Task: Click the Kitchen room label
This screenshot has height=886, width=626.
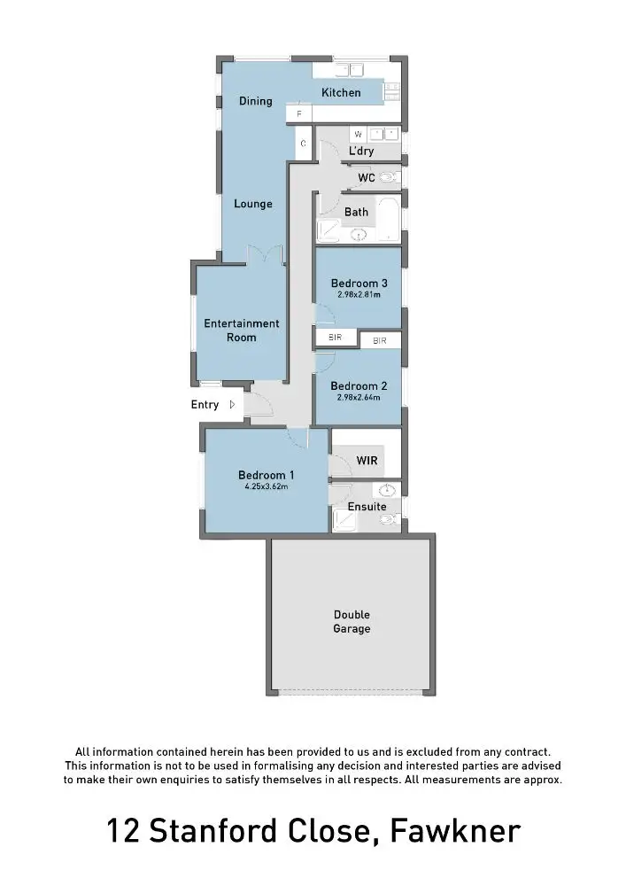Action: (x=341, y=93)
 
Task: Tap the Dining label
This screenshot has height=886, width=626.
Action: (x=256, y=101)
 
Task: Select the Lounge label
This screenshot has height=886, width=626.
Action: (x=253, y=204)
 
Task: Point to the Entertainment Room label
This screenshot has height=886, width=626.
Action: (x=242, y=330)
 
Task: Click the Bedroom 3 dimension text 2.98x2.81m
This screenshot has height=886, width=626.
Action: (x=359, y=294)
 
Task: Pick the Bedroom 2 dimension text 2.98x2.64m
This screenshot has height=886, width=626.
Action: (x=359, y=397)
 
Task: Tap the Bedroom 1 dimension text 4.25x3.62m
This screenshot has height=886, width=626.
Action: (x=267, y=486)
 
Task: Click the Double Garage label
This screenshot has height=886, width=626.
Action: (x=352, y=622)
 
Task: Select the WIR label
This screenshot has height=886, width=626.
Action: (x=367, y=461)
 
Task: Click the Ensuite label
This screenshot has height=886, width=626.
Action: (x=367, y=507)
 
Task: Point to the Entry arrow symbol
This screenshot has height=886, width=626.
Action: (x=232, y=405)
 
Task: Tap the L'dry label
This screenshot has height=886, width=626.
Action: (x=361, y=152)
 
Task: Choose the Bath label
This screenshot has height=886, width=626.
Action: (x=356, y=212)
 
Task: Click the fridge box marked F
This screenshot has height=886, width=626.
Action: (x=299, y=114)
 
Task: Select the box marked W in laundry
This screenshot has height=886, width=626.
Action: (x=359, y=135)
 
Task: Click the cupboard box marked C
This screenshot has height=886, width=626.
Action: (x=304, y=144)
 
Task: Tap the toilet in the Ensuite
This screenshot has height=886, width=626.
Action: (x=387, y=520)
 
